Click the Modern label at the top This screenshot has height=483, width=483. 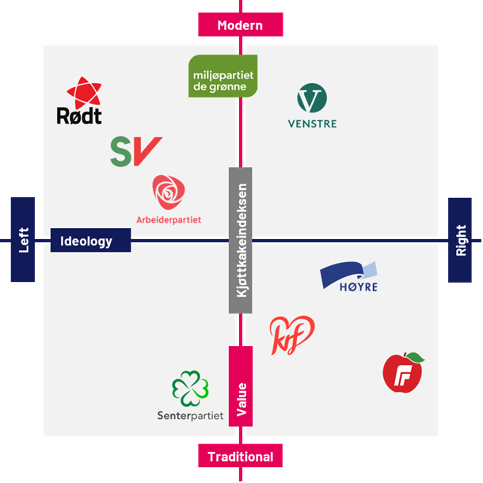tap(240, 25)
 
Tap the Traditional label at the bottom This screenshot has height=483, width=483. tap(240, 457)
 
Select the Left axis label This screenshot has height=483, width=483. tap(23, 239)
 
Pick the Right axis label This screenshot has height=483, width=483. tap(460, 239)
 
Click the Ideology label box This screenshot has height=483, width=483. tap(90, 241)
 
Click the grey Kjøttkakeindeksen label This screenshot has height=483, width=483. tap(241, 240)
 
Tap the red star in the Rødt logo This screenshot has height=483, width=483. tap(83, 93)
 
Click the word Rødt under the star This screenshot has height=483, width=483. tap(79, 117)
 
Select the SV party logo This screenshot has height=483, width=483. tap(135, 150)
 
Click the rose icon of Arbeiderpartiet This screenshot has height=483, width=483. tap(169, 193)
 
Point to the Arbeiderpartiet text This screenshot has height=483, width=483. tap(169, 219)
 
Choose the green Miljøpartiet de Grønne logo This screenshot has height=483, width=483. tap(222, 76)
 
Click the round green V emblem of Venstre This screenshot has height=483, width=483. tap(312, 99)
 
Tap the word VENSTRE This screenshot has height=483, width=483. tap(312, 124)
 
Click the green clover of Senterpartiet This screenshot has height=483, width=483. tap(190, 389)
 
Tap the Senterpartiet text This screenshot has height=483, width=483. tap(190, 415)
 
